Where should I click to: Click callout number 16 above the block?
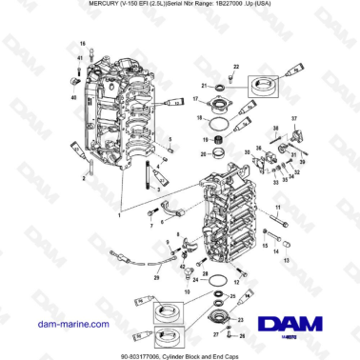coord(83,45)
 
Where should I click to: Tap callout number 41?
coord(80,59)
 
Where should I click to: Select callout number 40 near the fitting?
coord(73,96)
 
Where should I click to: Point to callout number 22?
coord(232,65)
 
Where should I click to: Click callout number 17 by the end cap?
coord(195,99)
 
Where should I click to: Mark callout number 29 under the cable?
coord(157,278)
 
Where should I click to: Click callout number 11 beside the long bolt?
coord(277,207)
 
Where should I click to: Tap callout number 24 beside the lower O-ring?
coord(194,281)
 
